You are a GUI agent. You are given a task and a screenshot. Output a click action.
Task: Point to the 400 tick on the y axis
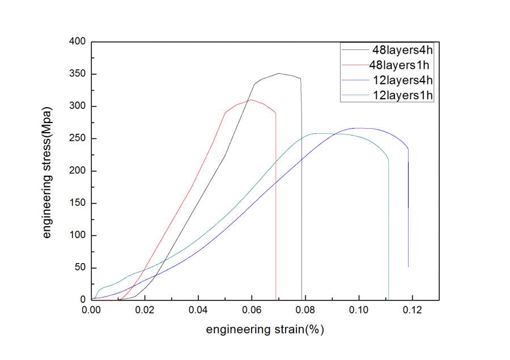coord(77,42)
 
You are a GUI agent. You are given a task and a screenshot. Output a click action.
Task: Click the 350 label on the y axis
coord(77,74)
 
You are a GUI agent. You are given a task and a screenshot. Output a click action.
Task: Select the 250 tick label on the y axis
coord(77,139)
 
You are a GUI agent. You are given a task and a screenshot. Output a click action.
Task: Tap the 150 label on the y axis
coord(77,204)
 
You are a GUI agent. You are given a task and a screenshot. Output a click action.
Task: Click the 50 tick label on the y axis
coord(79,268)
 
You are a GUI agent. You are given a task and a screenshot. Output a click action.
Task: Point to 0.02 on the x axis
coord(145,311)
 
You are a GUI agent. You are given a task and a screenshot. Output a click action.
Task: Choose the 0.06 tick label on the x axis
coord(252,311)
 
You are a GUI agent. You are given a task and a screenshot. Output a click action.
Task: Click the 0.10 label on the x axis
coord(359,311)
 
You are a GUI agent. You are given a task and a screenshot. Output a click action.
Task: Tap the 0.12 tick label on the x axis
coord(413,311)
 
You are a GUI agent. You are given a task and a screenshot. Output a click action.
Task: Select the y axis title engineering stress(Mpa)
coord(48,171)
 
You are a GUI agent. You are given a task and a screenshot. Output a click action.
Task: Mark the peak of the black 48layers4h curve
coord(279,73)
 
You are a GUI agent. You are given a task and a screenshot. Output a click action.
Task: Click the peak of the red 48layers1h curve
coord(252,100)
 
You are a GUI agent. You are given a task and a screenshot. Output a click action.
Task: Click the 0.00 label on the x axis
coord(91,311)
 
